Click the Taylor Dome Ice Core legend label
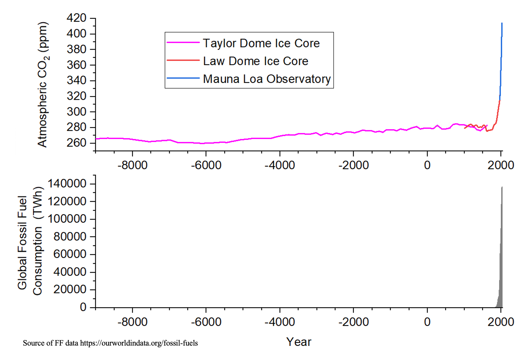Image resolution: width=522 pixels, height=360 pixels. [x=261, y=43]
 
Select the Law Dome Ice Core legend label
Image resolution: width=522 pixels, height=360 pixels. [x=255, y=61]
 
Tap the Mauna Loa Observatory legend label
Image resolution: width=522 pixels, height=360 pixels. [x=267, y=79]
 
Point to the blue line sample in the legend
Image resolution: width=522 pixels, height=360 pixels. [x=183, y=78]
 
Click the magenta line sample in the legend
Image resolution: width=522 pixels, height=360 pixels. [x=183, y=42]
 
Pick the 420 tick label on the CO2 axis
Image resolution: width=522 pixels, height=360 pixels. [x=77, y=18]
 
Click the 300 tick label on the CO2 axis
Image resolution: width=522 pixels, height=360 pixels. [x=77, y=111]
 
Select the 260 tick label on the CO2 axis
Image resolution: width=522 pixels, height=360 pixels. [x=77, y=143]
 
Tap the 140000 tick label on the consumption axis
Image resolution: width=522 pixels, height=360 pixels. [x=67, y=184]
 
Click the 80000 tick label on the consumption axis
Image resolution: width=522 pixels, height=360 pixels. [x=70, y=236]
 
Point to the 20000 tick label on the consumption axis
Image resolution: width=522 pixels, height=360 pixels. [x=70, y=289]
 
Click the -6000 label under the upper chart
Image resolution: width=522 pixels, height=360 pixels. [x=206, y=165]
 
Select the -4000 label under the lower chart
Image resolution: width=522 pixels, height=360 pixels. [x=280, y=322]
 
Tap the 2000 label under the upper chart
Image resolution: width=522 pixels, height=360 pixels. [x=501, y=165]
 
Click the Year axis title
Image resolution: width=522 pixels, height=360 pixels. [x=299, y=342]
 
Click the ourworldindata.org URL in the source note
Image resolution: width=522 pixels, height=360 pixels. [x=139, y=343]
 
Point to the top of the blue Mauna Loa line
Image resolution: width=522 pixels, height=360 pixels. [x=502, y=23]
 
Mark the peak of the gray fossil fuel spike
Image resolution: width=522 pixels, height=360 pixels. [x=502, y=187]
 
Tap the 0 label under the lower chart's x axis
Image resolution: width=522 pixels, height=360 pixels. [x=427, y=322]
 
